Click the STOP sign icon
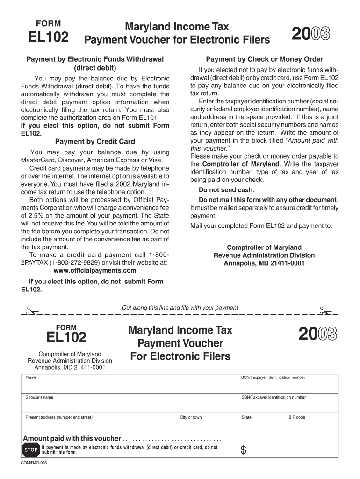[31, 450]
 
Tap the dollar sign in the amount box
[243, 450]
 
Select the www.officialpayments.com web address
[95, 270]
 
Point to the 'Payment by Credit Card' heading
[95, 141]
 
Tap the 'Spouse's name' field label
[39, 397]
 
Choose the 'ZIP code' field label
[297, 417]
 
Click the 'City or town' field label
[191, 417]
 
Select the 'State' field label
[246, 417]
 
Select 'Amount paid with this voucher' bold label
[72, 438]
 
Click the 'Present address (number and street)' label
[59, 417]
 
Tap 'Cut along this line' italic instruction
[180, 308]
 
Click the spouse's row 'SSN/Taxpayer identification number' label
[274, 397]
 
